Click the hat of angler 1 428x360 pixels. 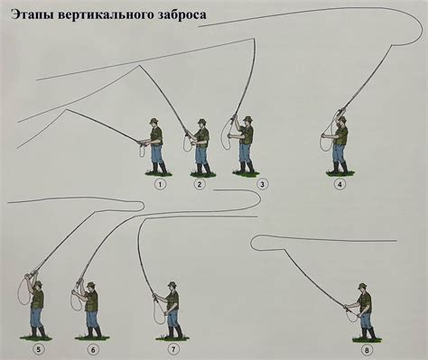(x=155, y=120)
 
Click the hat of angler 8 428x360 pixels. (x=363, y=286)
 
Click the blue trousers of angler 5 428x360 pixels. (x=37, y=318)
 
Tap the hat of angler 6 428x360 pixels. (x=91, y=285)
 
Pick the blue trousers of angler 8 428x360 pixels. (x=366, y=320)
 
